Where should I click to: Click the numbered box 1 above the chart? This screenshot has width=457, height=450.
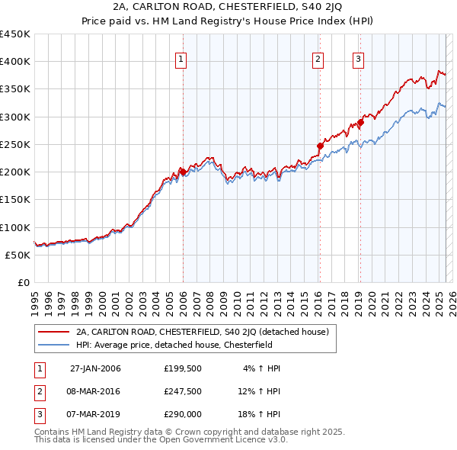click(x=181, y=62)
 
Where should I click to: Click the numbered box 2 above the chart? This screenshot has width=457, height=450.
click(x=318, y=62)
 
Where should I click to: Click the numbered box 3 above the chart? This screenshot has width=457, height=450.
click(x=358, y=62)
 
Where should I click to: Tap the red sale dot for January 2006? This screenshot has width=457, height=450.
click(x=183, y=172)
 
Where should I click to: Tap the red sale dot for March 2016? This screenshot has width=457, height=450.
click(x=320, y=146)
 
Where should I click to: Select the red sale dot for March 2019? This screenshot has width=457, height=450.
click(x=361, y=122)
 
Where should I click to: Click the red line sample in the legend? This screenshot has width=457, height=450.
click(x=53, y=332)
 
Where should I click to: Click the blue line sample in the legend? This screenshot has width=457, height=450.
click(x=53, y=345)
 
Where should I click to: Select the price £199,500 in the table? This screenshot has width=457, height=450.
click(x=183, y=368)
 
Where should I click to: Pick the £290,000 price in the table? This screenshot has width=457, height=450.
click(x=183, y=414)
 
